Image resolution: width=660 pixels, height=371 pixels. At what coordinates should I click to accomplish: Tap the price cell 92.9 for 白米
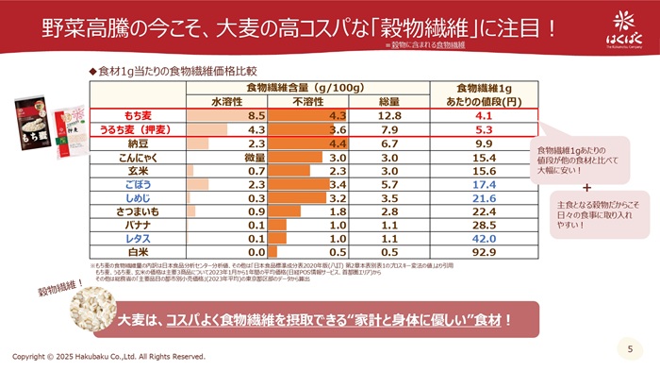[483, 253]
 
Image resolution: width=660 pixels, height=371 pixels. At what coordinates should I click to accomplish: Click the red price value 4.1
[483, 115]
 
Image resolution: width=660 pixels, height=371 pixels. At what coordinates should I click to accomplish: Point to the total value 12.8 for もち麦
[389, 115]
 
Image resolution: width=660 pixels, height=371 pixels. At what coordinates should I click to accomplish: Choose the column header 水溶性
[229, 100]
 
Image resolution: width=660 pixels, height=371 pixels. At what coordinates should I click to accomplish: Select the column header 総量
[389, 100]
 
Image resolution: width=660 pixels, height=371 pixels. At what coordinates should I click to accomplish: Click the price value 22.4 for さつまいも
[483, 212]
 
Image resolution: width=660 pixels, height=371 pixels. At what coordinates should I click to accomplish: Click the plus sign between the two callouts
[586, 188]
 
